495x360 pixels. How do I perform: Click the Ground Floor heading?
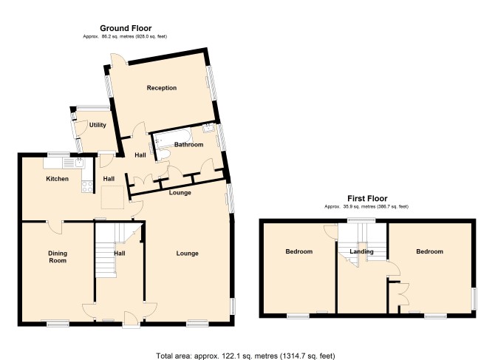[x=126, y=28]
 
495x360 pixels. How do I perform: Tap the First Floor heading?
[x=367, y=198]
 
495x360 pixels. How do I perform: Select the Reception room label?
[x=162, y=88]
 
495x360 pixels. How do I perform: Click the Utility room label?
[x=98, y=125]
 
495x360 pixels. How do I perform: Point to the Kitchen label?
[x=57, y=179]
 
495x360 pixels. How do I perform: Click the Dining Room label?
[x=58, y=257]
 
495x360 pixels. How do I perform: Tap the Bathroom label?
[x=189, y=145]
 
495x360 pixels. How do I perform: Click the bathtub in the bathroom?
[x=172, y=137]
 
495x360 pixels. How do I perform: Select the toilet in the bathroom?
[x=163, y=154]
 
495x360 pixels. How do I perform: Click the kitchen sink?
[x=79, y=163]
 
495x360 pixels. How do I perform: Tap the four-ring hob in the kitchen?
[x=87, y=186]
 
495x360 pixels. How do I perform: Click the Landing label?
[x=361, y=251]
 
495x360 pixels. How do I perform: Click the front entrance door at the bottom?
[x=131, y=319]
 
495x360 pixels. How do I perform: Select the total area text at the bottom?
[x=245, y=356]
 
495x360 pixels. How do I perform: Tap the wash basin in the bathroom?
[x=208, y=128]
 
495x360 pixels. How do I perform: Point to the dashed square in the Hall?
[x=112, y=197]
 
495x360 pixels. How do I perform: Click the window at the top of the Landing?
[x=362, y=220]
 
